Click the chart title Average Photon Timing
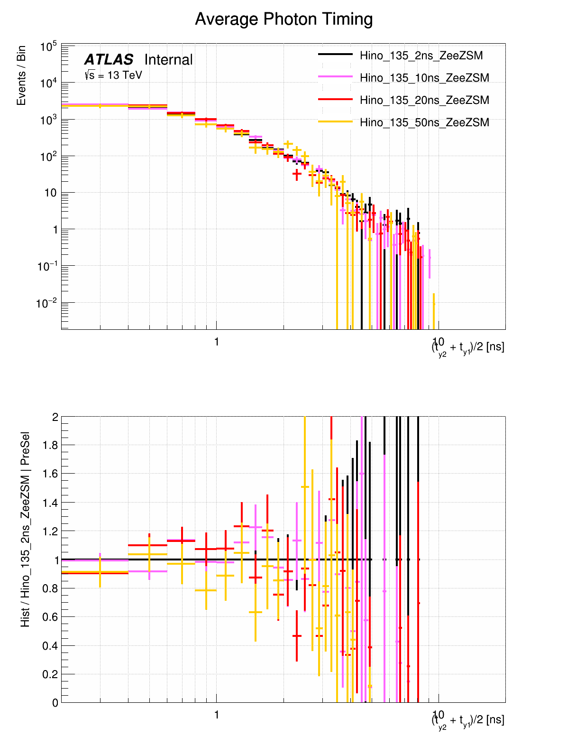click(283, 19)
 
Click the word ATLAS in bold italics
click(109, 60)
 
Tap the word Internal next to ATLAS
click(168, 60)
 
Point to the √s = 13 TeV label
click(113, 75)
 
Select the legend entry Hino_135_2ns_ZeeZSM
click(421, 56)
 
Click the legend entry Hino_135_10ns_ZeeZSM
click(424, 78)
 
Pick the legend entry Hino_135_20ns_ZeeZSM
click(424, 100)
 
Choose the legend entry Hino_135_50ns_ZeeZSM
click(424, 122)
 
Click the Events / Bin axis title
click(21, 76)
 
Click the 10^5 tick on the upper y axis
click(48, 47)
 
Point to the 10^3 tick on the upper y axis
click(48, 120)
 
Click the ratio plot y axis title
click(25, 529)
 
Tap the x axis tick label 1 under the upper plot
click(217, 342)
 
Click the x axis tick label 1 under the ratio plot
click(217, 715)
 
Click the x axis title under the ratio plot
click(468, 720)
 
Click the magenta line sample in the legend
click(335, 77)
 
